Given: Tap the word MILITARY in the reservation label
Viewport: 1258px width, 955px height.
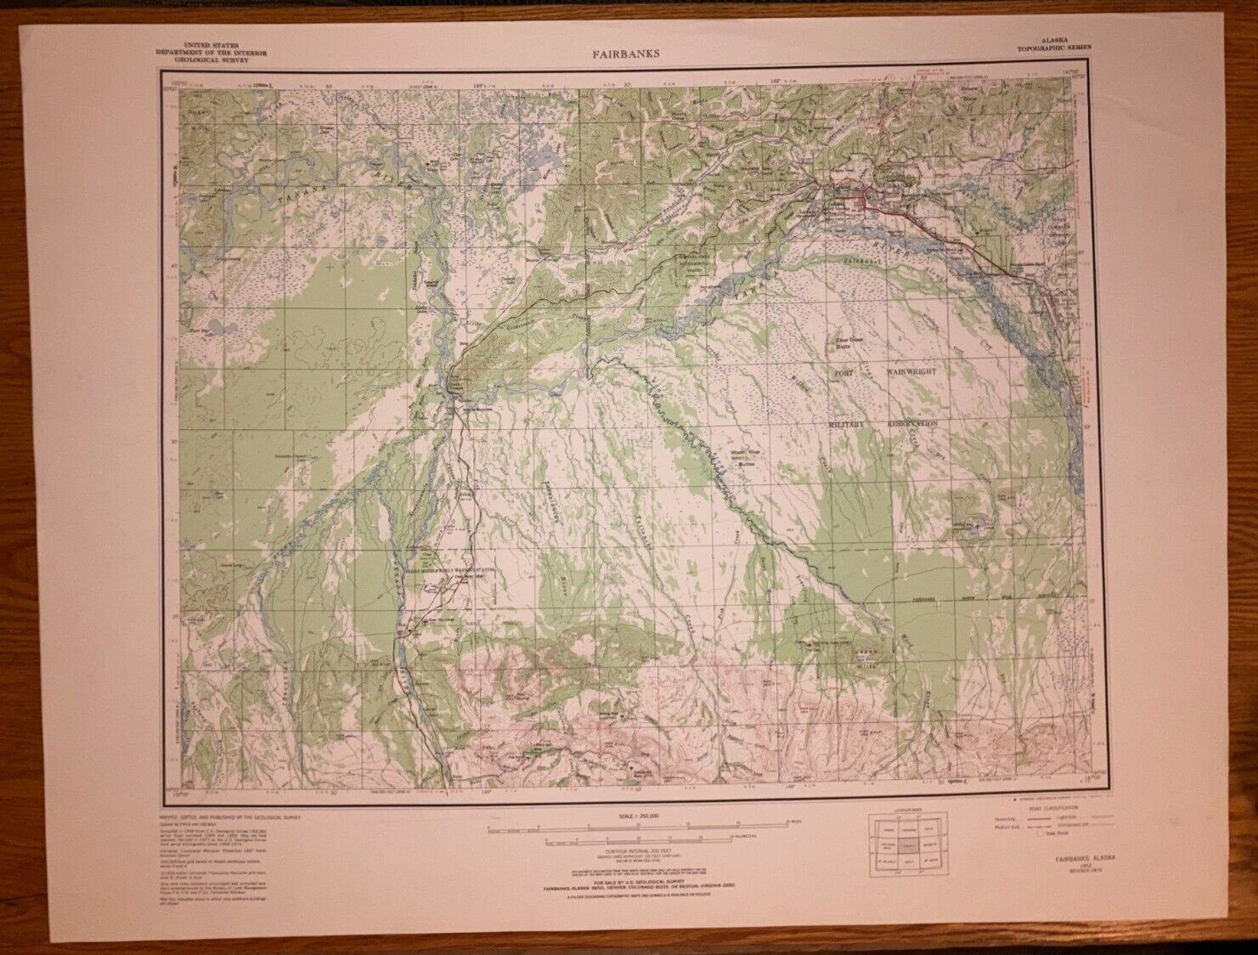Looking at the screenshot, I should tap(846, 423).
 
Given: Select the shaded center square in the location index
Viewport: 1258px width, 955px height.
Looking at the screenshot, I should tap(908, 848).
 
